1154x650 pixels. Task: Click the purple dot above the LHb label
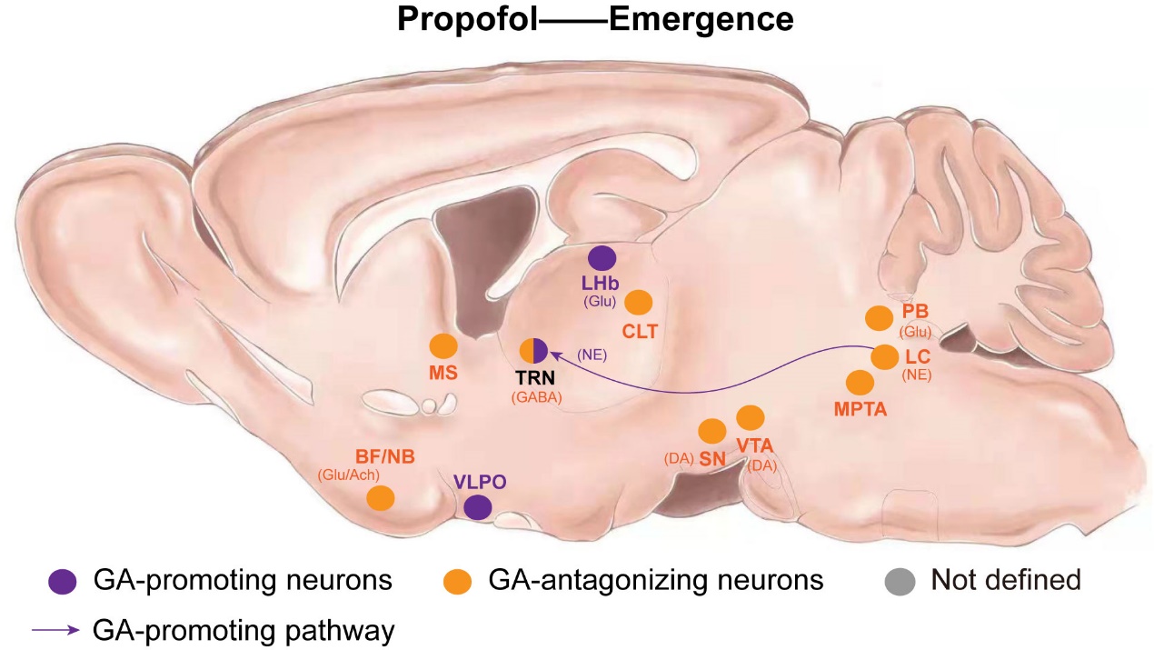pyautogui.click(x=602, y=257)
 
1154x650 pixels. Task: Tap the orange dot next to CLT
pyautogui.click(x=640, y=303)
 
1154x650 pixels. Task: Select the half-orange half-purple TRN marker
pyautogui.click(x=533, y=350)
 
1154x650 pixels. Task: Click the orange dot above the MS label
pyautogui.click(x=443, y=346)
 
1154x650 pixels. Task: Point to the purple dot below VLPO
pyautogui.click(x=478, y=508)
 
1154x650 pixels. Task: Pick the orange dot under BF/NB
pyautogui.click(x=380, y=497)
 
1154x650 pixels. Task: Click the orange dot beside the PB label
pyautogui.click(x=879, y=317)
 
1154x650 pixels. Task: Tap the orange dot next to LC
pyautogui.click(x=884, y=356)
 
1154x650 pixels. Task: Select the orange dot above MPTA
pyautogui.click(x=859, y=383)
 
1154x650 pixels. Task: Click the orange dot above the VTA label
pyautogui.click(x=750, y=417)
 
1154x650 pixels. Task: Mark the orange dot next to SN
pyautogui.click(x=711, y=430)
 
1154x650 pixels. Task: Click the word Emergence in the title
pyautogui.click(x=701, y=20)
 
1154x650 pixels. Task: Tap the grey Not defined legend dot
pyautogui.click(x=899, y=580)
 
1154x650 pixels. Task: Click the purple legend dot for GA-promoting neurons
pyautogui.click(x=62, y=580)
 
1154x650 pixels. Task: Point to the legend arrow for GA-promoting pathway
pyautogui.click(x=55, y=628)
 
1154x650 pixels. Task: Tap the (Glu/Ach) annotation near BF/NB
pyautogui.click(x=348, y=474)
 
